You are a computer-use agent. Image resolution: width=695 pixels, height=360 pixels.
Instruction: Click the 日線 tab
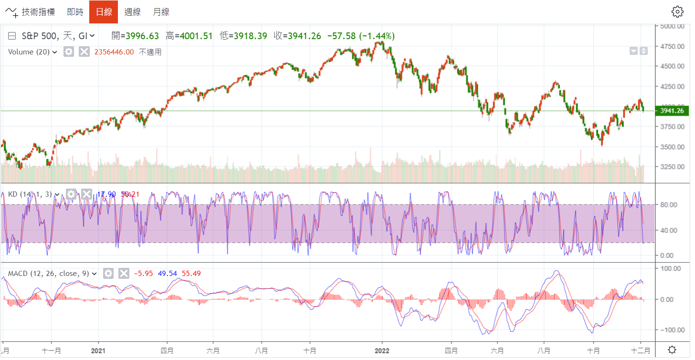point(104,12)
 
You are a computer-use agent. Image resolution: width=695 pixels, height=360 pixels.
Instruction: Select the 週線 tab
point(132,12)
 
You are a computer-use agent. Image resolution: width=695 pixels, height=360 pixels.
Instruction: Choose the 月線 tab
point(161,12)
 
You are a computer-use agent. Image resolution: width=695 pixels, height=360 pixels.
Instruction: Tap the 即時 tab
point(75,12)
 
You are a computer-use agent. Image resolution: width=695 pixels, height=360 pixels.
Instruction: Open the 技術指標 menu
point(32,12)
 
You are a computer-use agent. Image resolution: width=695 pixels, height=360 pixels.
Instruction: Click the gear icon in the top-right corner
point(677,12)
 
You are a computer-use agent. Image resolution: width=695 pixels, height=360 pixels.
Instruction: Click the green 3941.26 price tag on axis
point(672,111)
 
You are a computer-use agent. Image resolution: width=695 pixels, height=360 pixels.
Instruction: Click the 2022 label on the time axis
point(382,350)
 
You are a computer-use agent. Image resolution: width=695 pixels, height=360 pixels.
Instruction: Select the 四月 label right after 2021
point(168,350)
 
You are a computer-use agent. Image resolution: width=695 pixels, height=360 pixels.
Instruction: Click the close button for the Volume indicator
point(84,52)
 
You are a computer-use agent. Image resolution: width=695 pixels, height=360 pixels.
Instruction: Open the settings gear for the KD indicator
point(71,194)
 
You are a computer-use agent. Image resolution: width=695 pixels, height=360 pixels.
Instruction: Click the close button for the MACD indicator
point(124,273)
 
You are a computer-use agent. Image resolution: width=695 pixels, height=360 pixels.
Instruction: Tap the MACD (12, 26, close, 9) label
point(49,274)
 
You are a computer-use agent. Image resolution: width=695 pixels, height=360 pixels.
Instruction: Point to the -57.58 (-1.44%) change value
point(361,36)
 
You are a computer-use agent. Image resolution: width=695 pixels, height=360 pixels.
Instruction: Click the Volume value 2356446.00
point(114,52)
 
